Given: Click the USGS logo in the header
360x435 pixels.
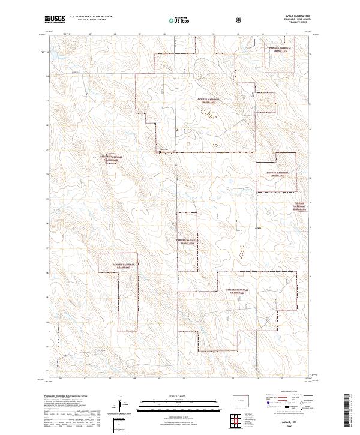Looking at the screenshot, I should (55, 19).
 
